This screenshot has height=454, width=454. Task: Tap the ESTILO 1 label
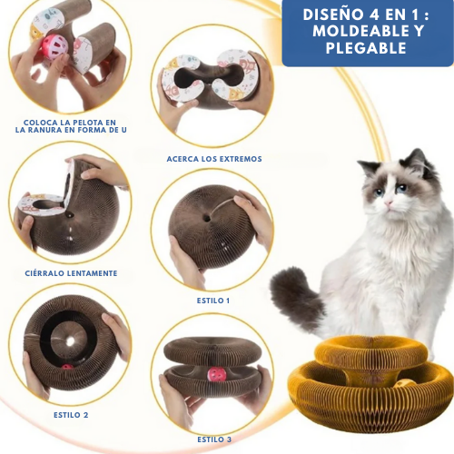[x=213, y=299]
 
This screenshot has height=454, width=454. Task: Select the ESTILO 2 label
[x=71, y=414]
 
